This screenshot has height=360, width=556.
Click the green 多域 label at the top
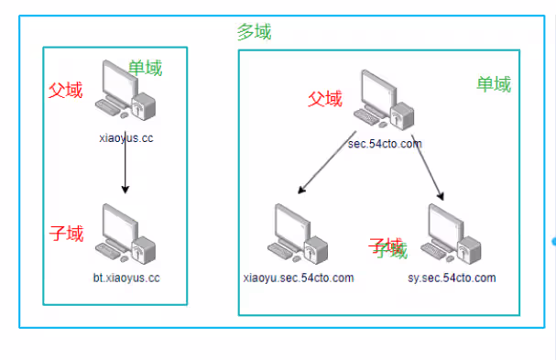(254, 32)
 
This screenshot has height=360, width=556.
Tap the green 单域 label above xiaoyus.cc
(146, 69)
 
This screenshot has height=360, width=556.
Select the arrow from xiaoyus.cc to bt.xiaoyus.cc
(125, 169)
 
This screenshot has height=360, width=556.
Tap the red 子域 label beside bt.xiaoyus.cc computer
(66, 235)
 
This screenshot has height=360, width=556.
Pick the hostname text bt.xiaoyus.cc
(126, 277)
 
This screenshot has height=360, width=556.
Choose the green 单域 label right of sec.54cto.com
(494, 84)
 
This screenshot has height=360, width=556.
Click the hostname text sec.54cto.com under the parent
(385, 144)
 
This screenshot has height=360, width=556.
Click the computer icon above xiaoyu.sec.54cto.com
(298, 235)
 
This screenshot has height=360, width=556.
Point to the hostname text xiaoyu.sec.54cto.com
(298, 278)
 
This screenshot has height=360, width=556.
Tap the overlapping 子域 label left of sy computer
(387, 248)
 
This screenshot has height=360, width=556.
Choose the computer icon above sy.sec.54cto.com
(452, 235)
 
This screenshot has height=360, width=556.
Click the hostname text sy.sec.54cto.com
(452, 278)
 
